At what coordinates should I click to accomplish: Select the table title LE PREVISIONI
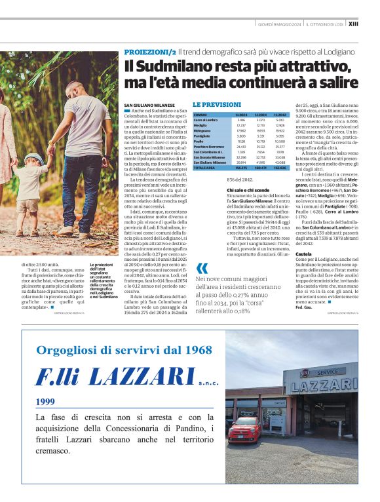217,105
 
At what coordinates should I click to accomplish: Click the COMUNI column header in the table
200,115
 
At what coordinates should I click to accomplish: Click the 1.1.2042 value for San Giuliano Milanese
280,163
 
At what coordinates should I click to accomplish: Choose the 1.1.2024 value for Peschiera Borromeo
241,147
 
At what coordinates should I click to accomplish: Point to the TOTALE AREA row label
204,168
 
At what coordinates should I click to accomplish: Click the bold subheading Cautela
303,253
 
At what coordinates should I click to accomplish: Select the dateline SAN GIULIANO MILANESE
149,105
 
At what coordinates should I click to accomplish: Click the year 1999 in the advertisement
46,402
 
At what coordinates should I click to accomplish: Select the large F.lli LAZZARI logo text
115,376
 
